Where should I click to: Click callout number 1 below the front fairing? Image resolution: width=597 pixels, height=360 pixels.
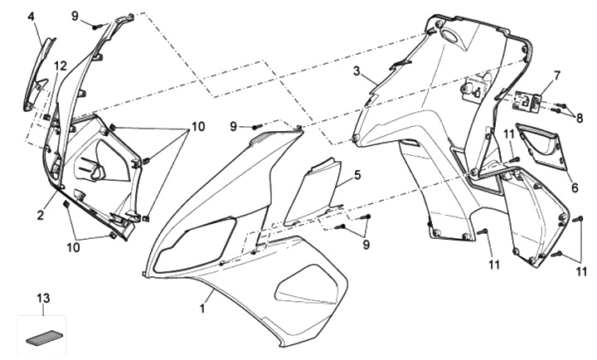coord(201,308)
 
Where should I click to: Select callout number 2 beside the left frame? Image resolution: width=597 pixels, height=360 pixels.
coord(40,216)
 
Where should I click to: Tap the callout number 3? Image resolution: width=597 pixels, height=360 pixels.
coord(357,73)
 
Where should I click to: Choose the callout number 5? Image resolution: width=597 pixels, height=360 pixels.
coord(357,176)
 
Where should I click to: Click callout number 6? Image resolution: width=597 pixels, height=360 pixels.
coord(574,187)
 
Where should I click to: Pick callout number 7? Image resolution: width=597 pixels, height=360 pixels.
coord(556,75)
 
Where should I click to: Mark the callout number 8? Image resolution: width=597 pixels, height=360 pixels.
coord(580,117)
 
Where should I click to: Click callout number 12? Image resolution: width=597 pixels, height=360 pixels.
coord(61,65)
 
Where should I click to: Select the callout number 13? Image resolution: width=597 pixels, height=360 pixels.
coord(44,297)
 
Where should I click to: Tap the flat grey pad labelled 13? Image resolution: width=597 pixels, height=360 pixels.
coord(43,336)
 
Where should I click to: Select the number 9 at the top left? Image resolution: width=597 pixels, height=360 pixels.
coord(75,16)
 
